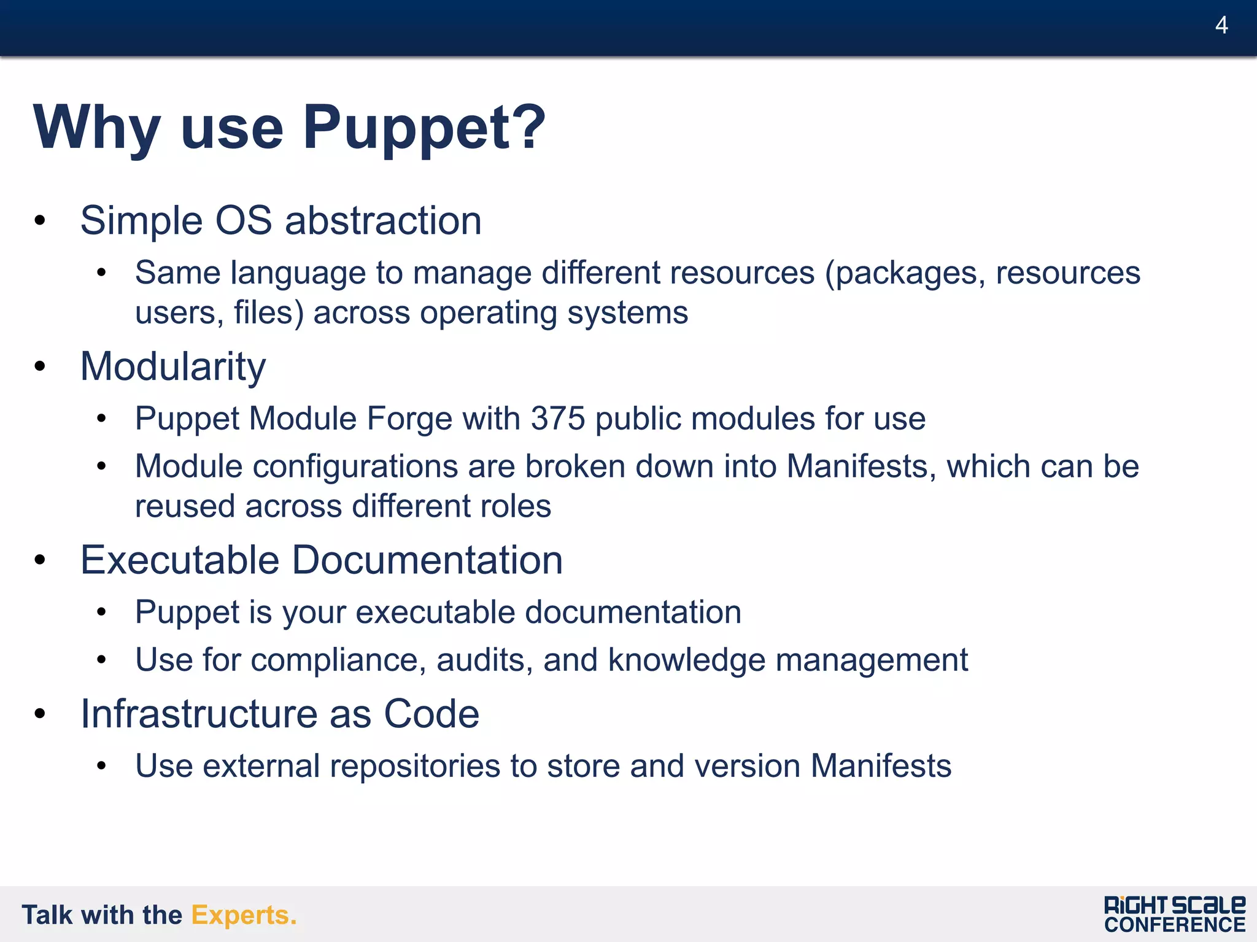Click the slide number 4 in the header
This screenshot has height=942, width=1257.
coord(1221,25)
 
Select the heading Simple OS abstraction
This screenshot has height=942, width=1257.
coord(280,220)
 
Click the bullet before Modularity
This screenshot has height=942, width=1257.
coord(40,366)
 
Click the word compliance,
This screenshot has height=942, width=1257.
coord(338,660)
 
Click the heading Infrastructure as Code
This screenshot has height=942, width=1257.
coord(280,714)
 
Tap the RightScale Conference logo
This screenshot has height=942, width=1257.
coord(1174,914)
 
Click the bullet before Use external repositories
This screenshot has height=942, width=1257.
coord(101,765)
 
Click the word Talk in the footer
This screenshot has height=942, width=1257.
coord(47,915)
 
